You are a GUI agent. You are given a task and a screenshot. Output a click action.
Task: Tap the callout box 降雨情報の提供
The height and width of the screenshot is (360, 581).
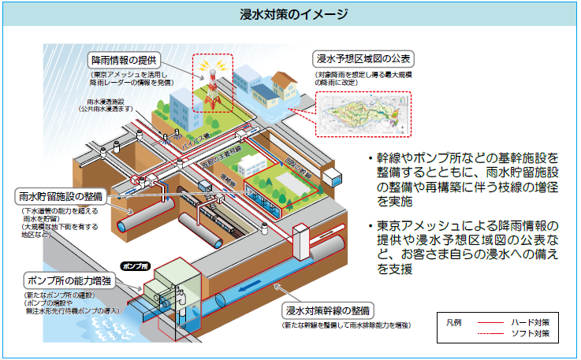point(125,60)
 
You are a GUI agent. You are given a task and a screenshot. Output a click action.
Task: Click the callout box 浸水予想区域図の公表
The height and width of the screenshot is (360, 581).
point(363,60)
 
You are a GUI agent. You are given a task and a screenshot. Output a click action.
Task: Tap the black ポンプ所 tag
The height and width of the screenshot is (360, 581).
point(134,266)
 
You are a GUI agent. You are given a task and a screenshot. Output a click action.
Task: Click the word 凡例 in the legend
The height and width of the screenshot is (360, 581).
point(453,322)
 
